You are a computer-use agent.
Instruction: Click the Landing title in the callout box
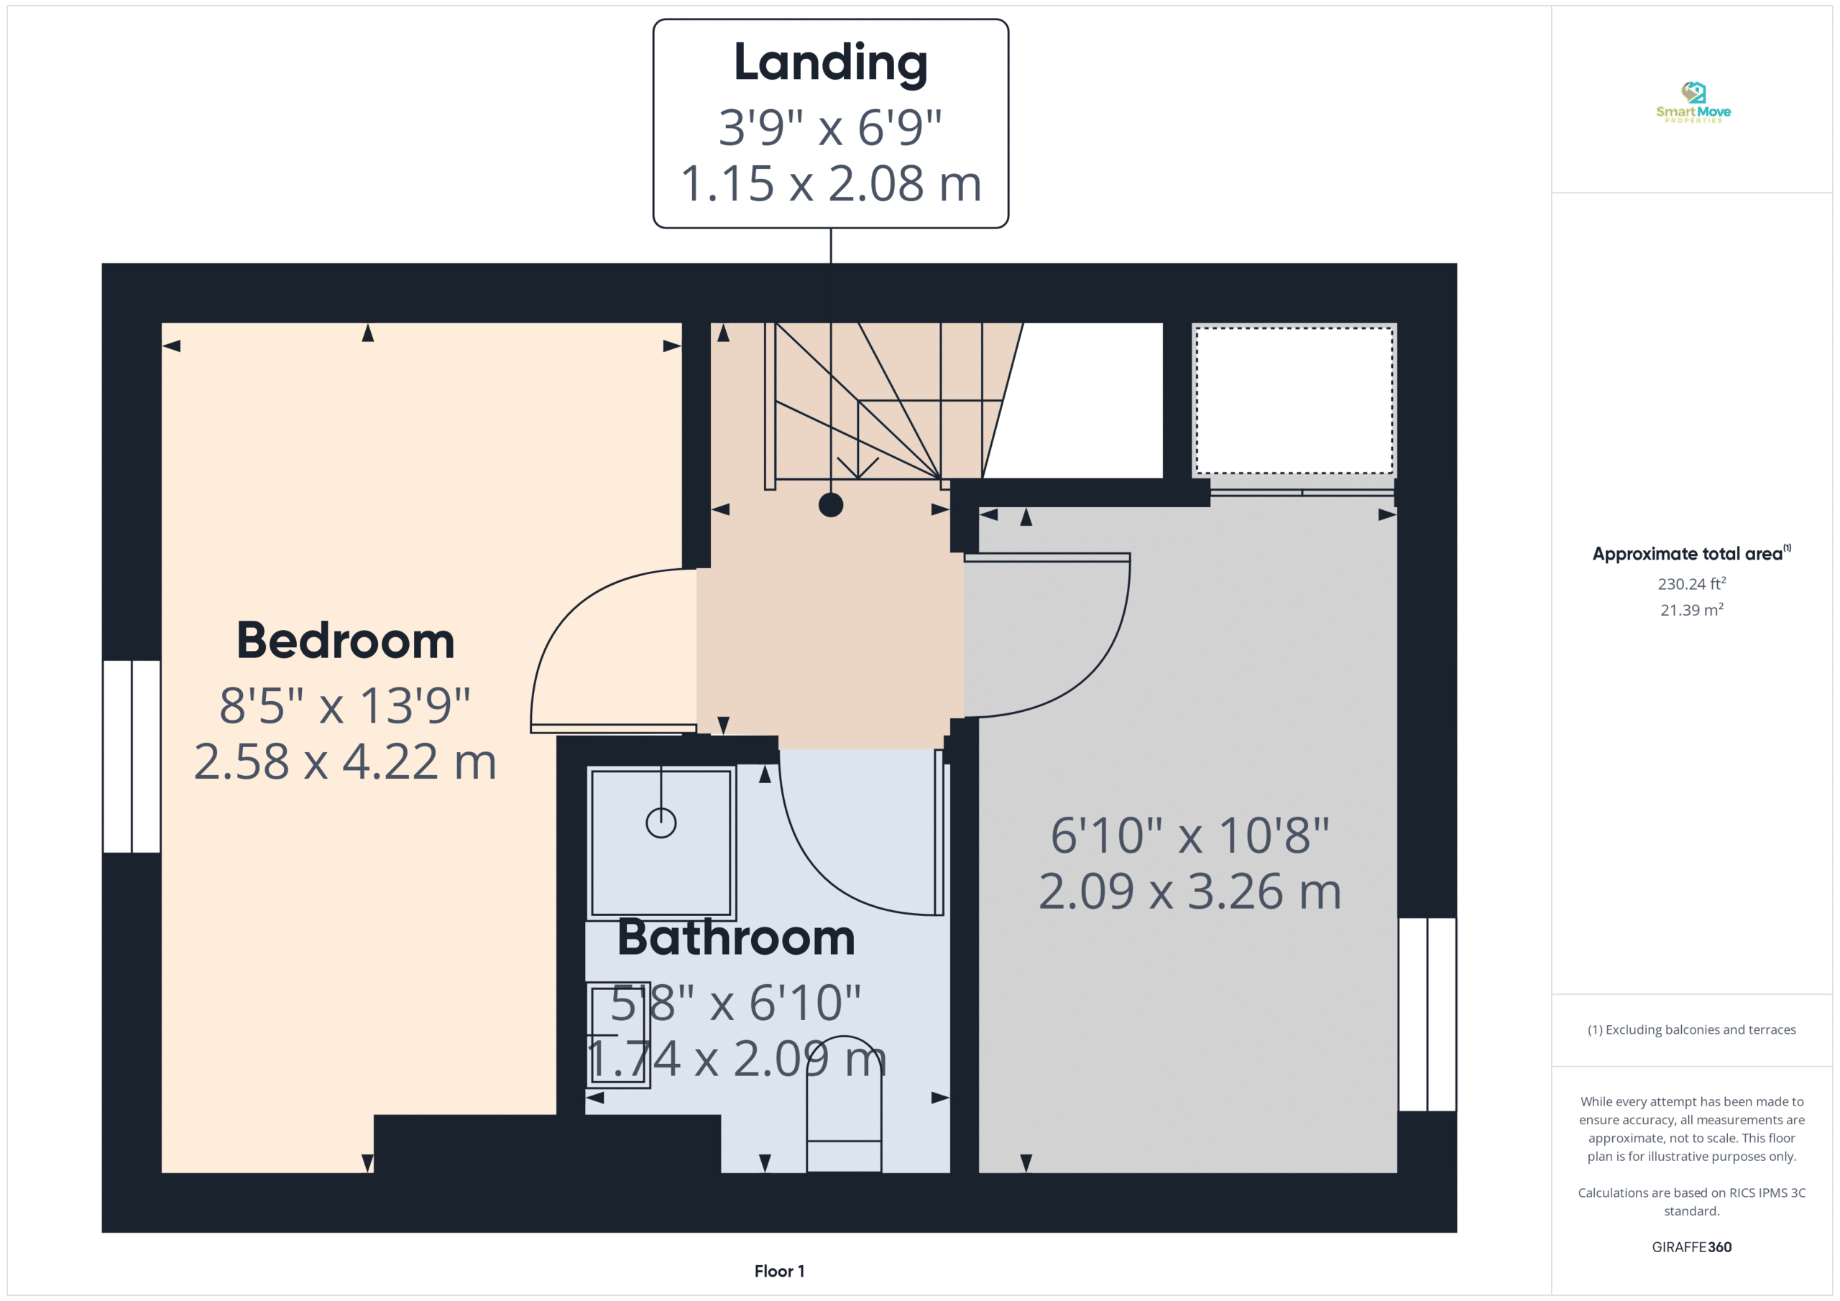pyautogui.click(x=830, y=64)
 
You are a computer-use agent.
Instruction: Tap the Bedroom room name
pyautogui.click(x=346, y=641)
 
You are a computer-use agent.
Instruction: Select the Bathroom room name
pyautogui.click(x=736, y=937)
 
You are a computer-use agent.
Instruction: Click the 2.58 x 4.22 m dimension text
pyautogui.click(x=346, y=761)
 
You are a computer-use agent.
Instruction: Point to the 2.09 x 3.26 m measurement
pyautogui.click(x=1190, y=891)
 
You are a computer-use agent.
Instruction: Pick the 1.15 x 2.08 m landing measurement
pyautogui.click(x=830, y=183)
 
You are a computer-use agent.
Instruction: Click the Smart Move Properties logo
pyautogui.click(x=1693, y=102)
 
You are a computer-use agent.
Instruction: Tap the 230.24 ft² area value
pyautogui.click(x=1692, y=583)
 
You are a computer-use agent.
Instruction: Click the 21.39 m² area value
pyautogui.click(x=1692, y=610)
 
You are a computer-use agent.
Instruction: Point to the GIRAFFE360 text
pyautogui.click(x=1692, y=1246)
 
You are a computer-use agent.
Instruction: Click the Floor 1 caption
pyautogui.click(x=779, y=1271)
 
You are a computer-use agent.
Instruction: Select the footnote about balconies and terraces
pyautogui.click(x=1692, y=1029)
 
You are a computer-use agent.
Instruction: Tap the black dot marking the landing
pyautogui.click(x=831, y=505)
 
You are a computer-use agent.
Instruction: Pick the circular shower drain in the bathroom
pyautogui.click(x=661, y=823)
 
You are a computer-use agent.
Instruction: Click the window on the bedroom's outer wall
pyautogui.click(x=132, y=756)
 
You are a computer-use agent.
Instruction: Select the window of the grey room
pyautogui.click(x=1427, y=1014)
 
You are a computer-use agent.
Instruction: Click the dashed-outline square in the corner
pyautogui.click(x=1294, y=401)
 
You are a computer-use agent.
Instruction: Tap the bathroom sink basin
pyautogui.click(x=618, y=1035)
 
